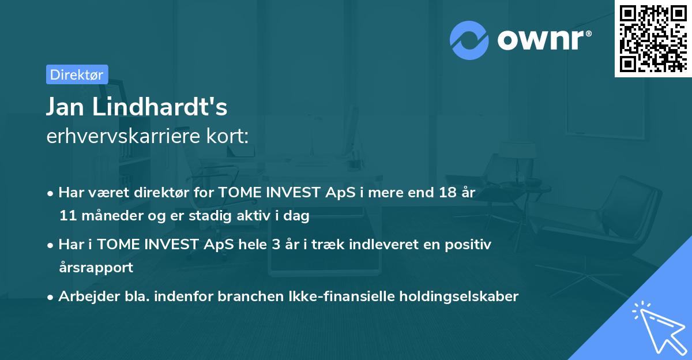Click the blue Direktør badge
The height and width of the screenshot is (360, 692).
(x=77, y=74)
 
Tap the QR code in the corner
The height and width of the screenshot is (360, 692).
(x=653, y=39)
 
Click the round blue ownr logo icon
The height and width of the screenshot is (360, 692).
(x=469, y=40)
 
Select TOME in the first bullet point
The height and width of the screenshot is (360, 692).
(x=239, y=193)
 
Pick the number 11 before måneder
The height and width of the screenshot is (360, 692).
(x=67, y=216)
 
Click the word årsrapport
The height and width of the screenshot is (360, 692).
(x=96, y=268)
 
